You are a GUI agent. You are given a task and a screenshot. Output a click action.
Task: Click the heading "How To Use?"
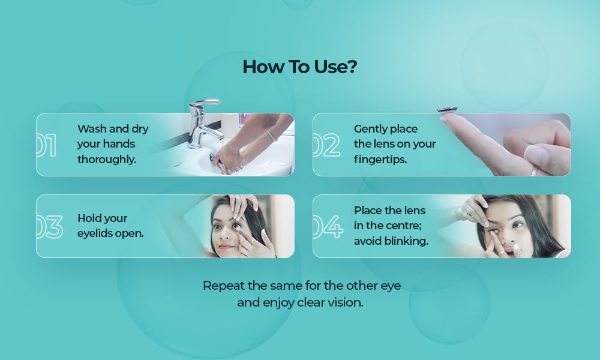click(299, 67)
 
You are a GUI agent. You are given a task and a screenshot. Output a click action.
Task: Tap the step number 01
click(47, 145)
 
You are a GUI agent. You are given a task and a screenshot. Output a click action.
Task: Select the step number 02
click(326, 145)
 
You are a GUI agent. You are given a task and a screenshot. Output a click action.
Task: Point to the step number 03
click(50, 226)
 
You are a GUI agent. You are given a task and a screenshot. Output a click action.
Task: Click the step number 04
click(328, 226)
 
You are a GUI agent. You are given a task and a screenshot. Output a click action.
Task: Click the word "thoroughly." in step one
click(107, 160)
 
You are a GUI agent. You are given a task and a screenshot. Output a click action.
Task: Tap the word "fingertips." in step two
click(380, 160)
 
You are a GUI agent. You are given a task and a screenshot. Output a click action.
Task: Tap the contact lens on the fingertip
click(448, 110)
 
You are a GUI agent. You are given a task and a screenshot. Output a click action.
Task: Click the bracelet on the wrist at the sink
click(272, 136)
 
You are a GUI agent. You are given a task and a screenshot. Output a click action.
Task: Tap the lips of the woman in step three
click(227, 247)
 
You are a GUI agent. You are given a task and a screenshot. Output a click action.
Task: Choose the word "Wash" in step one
click(91, 129)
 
